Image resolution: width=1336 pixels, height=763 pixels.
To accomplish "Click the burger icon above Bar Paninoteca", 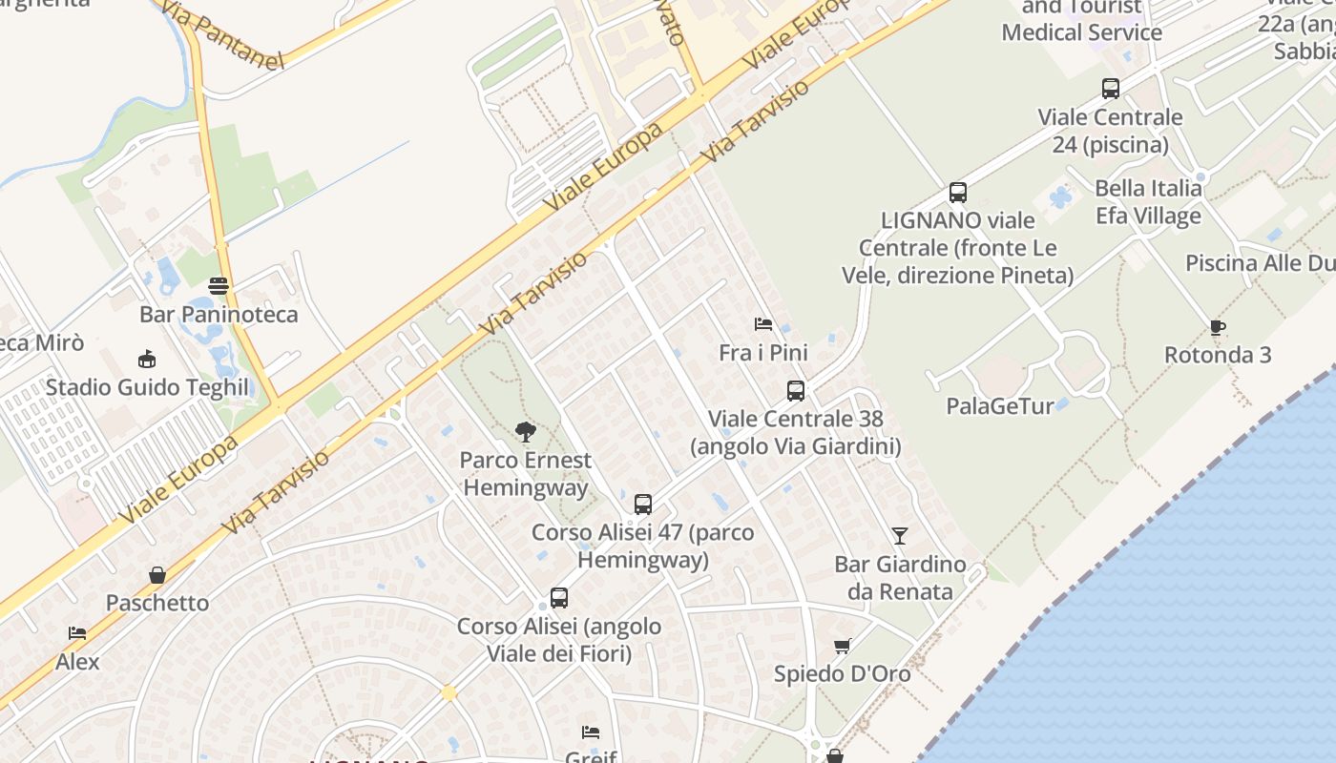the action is tap(219, 285).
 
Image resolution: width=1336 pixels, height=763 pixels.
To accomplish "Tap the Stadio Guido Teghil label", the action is tap(147, 388).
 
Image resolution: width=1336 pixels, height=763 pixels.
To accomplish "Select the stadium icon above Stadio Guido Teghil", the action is tap(147, 359).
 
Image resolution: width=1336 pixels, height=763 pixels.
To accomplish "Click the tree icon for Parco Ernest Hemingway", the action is tap(525, 432).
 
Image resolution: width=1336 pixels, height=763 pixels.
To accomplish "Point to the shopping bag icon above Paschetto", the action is tap(157, 575).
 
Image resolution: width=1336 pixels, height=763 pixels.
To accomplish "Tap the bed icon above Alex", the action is tap(77, 632).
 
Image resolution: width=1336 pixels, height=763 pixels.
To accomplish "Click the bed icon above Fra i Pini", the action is tap(763, 324).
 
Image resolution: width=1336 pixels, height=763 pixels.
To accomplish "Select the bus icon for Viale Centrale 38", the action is tap(796, 390).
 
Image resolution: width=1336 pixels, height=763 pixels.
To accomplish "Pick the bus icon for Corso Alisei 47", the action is tap(643, 504).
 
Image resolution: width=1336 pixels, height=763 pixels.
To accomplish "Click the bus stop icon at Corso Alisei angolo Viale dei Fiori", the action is tap(559, 598).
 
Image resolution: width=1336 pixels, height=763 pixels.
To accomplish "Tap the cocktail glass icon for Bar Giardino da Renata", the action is tap(900, 536).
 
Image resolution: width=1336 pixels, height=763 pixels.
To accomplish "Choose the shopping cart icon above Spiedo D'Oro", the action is tap(843, 646).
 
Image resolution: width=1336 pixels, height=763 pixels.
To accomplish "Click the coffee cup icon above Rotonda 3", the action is tap(1218, 327).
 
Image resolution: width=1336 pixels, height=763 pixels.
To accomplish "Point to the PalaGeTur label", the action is tap(1000, 406).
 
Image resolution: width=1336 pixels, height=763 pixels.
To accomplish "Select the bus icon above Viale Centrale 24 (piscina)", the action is tap(1111, 89).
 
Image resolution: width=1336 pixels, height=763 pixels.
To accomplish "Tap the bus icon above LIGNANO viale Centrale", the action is tap(958, 193).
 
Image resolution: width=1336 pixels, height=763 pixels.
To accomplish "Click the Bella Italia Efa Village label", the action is tap(1148, 201).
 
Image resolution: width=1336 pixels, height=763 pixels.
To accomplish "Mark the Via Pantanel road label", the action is tap(223, 35).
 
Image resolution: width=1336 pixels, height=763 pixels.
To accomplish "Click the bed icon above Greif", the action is tap(591, 732).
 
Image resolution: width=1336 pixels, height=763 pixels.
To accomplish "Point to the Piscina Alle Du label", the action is tap(1259, 263).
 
